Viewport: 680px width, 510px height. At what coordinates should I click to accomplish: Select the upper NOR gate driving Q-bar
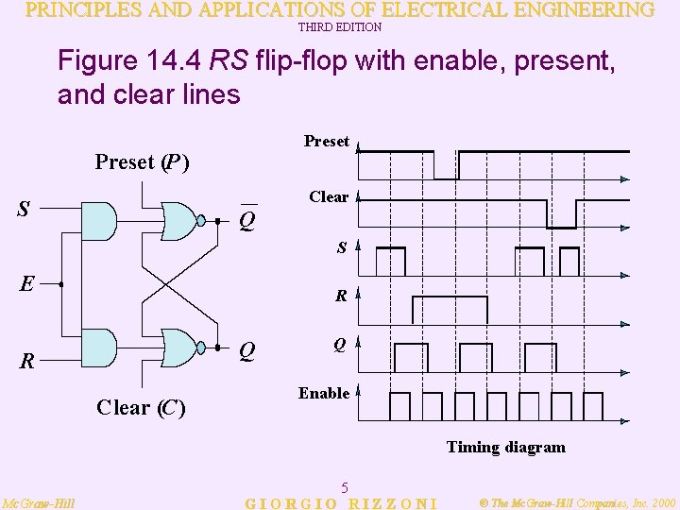coord(182,221)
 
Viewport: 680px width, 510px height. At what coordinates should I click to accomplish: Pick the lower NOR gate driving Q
coord(182,347)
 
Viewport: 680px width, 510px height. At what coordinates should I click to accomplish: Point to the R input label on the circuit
coord(29,361)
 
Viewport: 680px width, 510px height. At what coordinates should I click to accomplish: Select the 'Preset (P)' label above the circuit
coord(143,162)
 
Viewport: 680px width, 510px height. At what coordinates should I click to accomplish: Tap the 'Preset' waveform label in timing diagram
coord(327,142)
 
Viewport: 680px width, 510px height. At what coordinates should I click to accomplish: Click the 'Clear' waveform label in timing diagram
coord(329,196)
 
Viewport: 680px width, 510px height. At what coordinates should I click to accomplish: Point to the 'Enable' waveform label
coord(324,393)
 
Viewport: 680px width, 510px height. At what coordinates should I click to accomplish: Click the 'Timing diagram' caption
coord(505,447)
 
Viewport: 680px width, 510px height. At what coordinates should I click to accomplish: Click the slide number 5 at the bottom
coord(346,488)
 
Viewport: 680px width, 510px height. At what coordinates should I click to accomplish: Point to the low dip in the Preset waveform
coord(446,168)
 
